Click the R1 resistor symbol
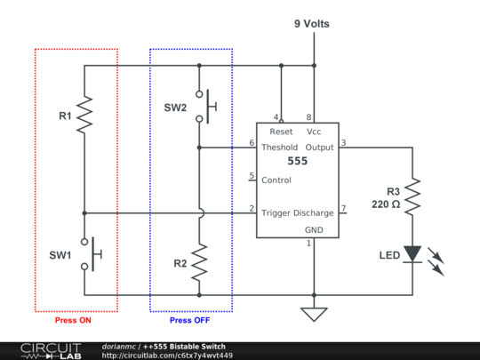pos(84,115)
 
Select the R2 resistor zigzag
pos(199,262)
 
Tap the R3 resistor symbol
pos(412,196)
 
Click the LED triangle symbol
pos(412,254)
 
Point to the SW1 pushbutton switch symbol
pos(92,254)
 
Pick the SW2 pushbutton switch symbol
pos(207,107)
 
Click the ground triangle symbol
pos(314,315)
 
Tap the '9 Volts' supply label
pos(312,24)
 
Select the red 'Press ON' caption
pos(73,320)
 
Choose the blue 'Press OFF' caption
pos(190,320)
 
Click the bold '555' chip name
pos(297,161)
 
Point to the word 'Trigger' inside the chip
pos(276,213)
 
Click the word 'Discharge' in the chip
pos(314,213)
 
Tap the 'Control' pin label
pos(276,180)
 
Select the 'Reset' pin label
pos(281,132)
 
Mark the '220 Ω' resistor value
pos(386,204)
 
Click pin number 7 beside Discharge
pos(344,208)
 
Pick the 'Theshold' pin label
pos(279,148)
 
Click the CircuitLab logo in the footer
pos(51,351)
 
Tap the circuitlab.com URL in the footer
pos(167,356)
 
